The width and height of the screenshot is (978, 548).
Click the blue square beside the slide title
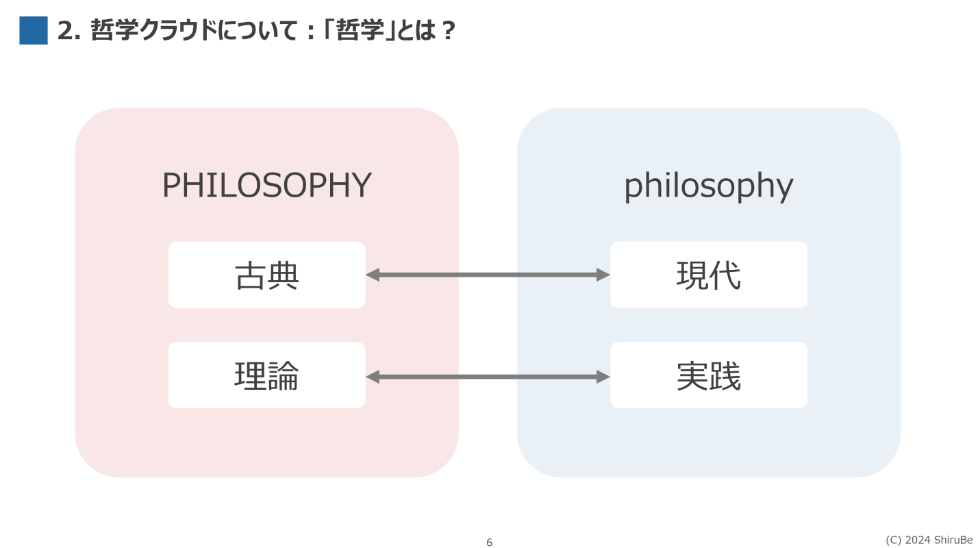pos(34,31)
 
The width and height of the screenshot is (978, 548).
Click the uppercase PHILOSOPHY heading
pos(266,185)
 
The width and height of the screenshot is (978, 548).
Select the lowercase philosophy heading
pos(708,185)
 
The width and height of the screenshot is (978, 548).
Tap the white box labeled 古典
pos(266,275)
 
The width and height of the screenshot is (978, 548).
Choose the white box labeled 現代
pos(708,275)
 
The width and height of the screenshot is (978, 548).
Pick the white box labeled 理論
pos(266,375)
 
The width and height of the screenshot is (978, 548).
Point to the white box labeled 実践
pos(708,375)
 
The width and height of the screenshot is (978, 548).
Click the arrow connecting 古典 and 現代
pos(488,275)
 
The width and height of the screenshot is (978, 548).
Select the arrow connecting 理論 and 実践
pos(488,377)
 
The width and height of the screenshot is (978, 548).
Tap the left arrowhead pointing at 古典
pos(373,275)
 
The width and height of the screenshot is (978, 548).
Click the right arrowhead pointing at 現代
pos(603,275)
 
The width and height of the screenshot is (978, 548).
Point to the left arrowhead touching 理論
pos(373,377)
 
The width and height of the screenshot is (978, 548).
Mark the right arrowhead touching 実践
pos(603,377)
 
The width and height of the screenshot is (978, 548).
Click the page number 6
pos(489,543)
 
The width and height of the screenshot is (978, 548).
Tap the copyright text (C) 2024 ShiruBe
pos(929,540)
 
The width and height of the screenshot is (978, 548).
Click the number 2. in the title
pos(69,31)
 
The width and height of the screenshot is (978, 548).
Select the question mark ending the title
pos(449,31)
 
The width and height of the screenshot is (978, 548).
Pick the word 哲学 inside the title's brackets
pos(361,31)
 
